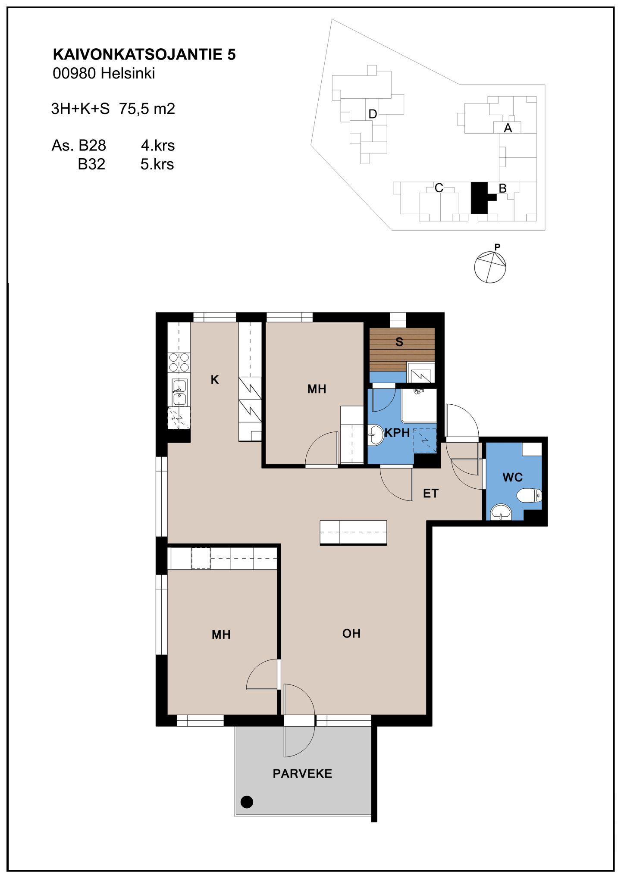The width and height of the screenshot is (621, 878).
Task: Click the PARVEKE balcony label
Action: click(x=302, y=774)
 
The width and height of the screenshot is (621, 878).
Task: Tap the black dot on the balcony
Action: click(x=247, y=802)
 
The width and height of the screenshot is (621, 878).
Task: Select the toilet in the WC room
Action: click(x=530, y=495)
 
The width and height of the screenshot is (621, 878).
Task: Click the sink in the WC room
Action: click(x=501, y=512)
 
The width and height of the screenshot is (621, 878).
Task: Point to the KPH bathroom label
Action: click(x=397, y=433)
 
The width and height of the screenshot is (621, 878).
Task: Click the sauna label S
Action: click(x=399, y=342)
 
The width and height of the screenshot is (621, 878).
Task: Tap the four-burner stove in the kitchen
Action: click(x=179, y=362)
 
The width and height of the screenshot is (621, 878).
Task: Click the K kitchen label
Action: click(x=215, y=380)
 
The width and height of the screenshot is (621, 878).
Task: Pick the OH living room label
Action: click(x=351, y=633)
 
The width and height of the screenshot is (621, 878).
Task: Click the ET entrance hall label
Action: click(x=431, y=494)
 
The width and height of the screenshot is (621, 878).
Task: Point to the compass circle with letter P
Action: click(x=490, y=267)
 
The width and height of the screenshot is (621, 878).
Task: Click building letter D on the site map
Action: click(x=373, y=114)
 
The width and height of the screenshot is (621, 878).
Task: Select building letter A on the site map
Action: click(x=508, y=128)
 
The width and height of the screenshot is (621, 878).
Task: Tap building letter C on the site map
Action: click(x=439, y=188)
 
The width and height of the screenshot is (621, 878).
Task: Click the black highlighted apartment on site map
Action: click(x=480, y=198)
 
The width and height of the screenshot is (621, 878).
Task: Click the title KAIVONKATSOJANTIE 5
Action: click(x=144, y=54)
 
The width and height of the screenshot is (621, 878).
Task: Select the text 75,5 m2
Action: click(x=147, y=109)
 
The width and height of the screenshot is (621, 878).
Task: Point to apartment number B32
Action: click(x=91, y=164)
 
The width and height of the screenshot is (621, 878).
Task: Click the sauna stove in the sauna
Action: click(x=420, y=373)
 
